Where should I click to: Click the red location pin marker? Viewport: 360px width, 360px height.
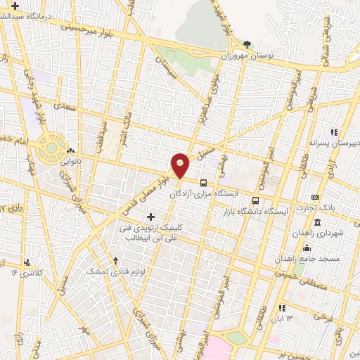coord(181,165)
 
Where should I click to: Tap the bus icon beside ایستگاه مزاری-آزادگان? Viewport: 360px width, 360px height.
coord(203,183)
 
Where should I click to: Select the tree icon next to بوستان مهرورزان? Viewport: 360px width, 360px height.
coord(246,44)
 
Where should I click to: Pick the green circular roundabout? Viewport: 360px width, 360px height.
coord(52,148)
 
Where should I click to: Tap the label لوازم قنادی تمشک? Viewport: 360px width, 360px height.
coord(115,269)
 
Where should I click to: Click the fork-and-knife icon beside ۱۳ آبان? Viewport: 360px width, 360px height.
coord(282,308)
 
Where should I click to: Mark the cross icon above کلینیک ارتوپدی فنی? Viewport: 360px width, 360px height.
coord(150,216)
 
